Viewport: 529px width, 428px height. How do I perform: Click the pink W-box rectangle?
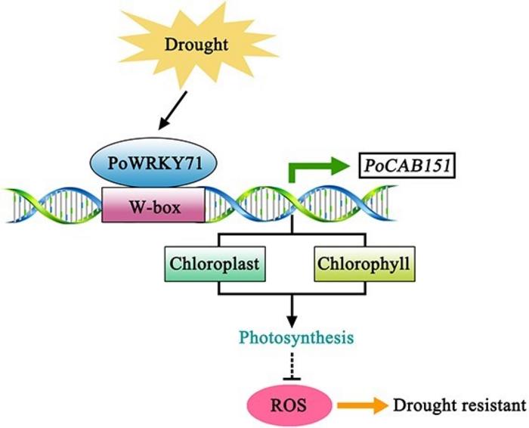coord(153,206)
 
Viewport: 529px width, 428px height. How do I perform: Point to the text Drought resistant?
coord(459,405)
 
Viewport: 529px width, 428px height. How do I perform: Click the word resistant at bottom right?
coord(497,405)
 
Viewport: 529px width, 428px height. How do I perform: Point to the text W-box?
coord(153,206)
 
